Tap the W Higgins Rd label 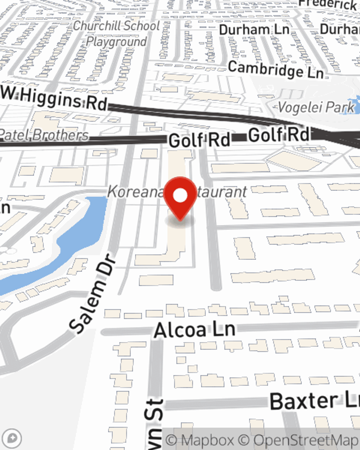pyautogui.click(x=54, y=98)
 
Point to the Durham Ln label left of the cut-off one pyautogui.click(x=254, y=30)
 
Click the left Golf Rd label pyautogui.click(x=199, y=140)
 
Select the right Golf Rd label pyautogui.click(x=279, y=135)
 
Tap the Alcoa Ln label pyautogui.click(x=194, y=330)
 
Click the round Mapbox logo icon pyautogui.click(x=12, y=438)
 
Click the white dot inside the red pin pyautogui.click(x=180, y=195)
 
